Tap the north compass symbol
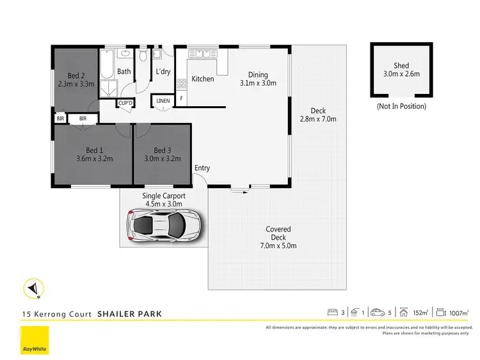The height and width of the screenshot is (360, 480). click(x=33, y=289)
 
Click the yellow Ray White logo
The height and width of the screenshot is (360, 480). click(x=34, y=340)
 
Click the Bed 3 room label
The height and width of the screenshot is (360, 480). click(x=163, y=150)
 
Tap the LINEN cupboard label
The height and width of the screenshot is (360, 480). click(x=163, y=100)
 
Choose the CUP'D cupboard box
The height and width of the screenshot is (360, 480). click(x=124, y=103)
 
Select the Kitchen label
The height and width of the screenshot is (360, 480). click(x=203, y=79)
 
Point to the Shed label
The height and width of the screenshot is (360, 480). click(x=401, y=66)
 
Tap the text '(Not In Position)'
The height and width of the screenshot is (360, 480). click(x=401, y=106)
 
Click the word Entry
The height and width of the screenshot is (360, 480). click(x=202, y=168)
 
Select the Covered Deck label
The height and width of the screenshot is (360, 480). click(x=278, y=233)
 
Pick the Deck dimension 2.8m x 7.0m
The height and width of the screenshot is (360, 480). click(x=318, y=118)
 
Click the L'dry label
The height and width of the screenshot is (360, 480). click(x=163, y=72)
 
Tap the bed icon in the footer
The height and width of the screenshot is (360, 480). click(x=332, y=313)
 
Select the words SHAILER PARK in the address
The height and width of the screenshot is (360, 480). click(x=129, y=314)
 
